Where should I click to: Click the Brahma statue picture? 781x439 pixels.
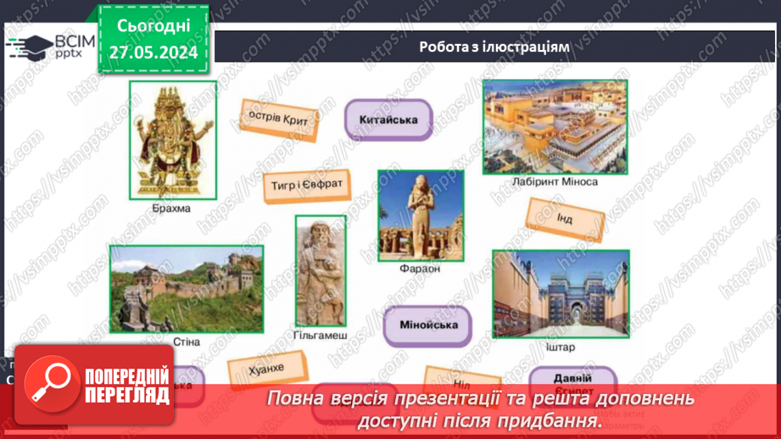coord(172,139)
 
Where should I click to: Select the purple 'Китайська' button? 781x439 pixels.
coord(388,120)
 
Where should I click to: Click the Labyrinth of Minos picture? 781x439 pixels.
coord(555,127)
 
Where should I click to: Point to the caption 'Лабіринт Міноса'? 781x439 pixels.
coord(555,182)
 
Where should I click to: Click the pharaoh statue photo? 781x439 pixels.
coord(420,215)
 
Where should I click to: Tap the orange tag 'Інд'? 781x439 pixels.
coord(566,219)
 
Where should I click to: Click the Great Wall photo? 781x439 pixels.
coord(186,289)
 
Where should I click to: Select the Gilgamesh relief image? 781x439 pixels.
coord(321,270)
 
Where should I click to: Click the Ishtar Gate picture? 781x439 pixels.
coord(560,294)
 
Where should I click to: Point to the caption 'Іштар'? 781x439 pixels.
coord(560,347)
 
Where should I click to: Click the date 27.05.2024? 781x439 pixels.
coord(153,53)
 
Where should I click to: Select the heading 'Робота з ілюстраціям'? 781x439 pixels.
coord(494,47)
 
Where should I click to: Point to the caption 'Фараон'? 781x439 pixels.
coord(420,270)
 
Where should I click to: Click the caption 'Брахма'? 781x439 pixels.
coord(172,208)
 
